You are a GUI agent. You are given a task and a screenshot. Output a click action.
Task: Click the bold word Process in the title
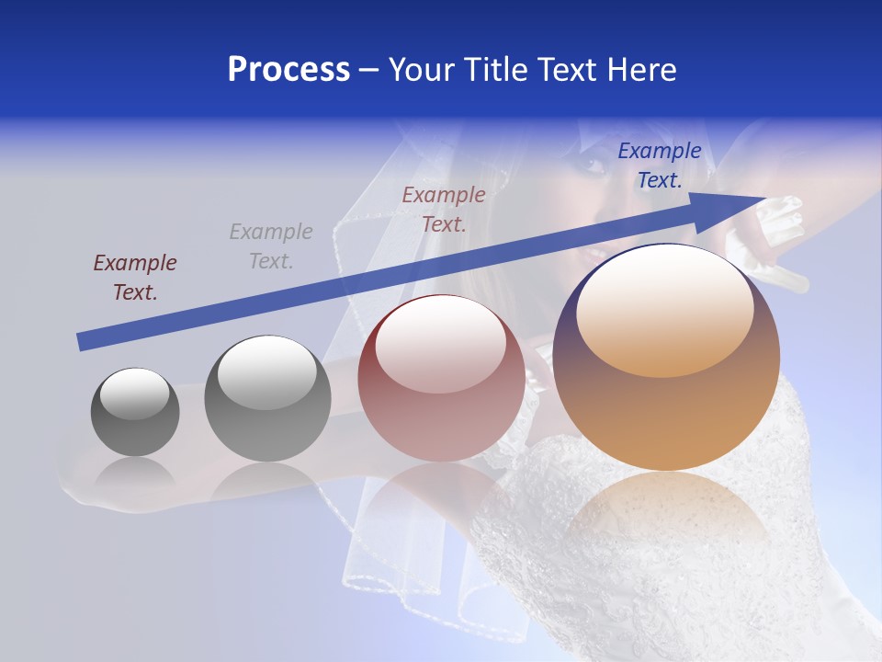click(x=288, y=70)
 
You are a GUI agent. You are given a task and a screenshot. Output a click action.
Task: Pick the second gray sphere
click(x=267, y=399)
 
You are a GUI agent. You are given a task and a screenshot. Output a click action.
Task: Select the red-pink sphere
click(x=441, y=379)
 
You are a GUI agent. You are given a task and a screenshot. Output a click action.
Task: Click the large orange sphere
click(x=666, y=358)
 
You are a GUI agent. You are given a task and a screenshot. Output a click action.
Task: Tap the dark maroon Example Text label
click(x=135, y=278)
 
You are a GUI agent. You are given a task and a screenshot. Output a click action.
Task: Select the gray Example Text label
click(x=271, y=246)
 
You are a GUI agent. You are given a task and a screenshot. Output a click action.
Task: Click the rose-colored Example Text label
click(x=444, y=209)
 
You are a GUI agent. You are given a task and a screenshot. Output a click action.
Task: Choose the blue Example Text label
click(x=660, y=165)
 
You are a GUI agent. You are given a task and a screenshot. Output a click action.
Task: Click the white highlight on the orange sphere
click(x=664, y=312)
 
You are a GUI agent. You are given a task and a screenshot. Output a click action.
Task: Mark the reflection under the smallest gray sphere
click(x=135, y=474)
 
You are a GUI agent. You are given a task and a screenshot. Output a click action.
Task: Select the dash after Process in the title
click(x=369, y=70)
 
